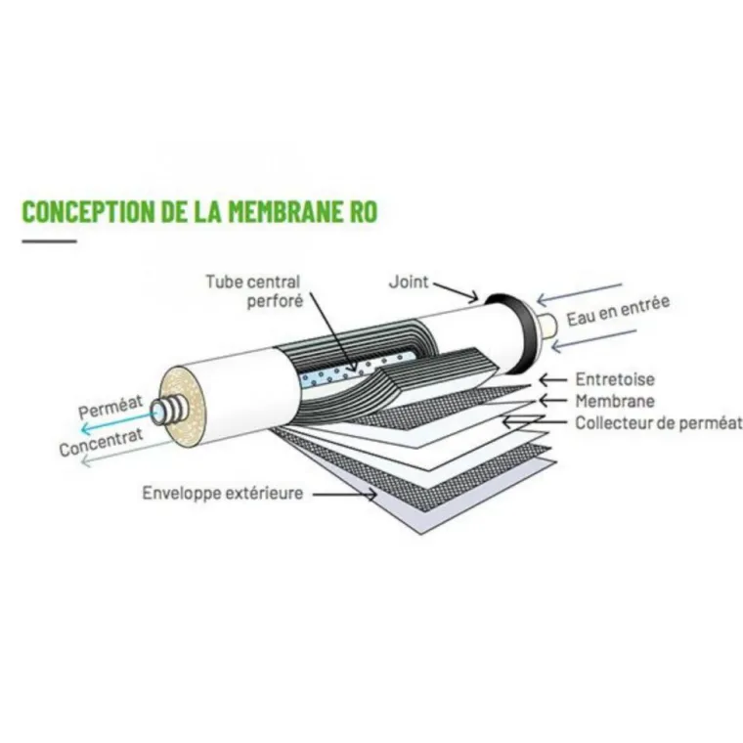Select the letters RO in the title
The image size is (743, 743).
(361, 211)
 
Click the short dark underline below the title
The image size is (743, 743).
(49, 241)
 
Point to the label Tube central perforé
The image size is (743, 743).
(254, 291)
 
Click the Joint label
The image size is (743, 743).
(409, 283)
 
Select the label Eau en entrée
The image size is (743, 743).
(619, 311)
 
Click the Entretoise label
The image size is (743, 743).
(615, 379)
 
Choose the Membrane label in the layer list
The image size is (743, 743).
(615, 401)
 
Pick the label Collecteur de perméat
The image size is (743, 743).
(659, 422)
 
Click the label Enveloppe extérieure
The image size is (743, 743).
(223, 493)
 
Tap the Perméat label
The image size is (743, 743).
(110, 408)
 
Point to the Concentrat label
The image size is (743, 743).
(101, 442)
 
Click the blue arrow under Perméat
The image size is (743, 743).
(118, 421)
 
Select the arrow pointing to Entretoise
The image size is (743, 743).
(552, 379)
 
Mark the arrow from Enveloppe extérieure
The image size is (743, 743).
(344, 495)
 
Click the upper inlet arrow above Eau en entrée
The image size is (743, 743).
(579, 294)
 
